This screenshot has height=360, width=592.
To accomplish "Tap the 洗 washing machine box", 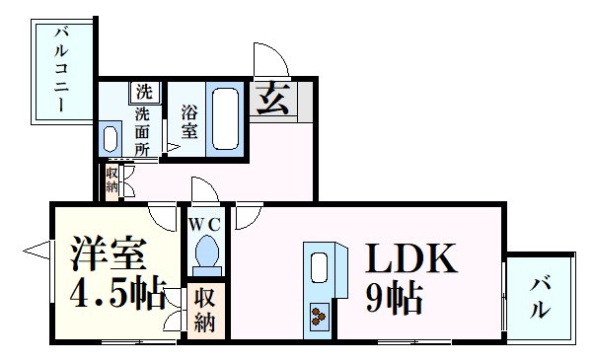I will point(145,92).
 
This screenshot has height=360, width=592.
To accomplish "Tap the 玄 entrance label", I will point(272,99).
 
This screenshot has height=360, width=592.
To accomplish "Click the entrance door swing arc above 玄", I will point(266,56).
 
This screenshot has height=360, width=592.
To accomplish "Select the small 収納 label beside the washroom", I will point(111,180).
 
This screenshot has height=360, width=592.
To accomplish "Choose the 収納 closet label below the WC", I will point(205,311).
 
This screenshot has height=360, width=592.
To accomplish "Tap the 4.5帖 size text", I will point(115,295).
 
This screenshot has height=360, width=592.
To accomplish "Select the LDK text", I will point(412,259).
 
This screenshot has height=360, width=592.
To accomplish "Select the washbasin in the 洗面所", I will point(112,135).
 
